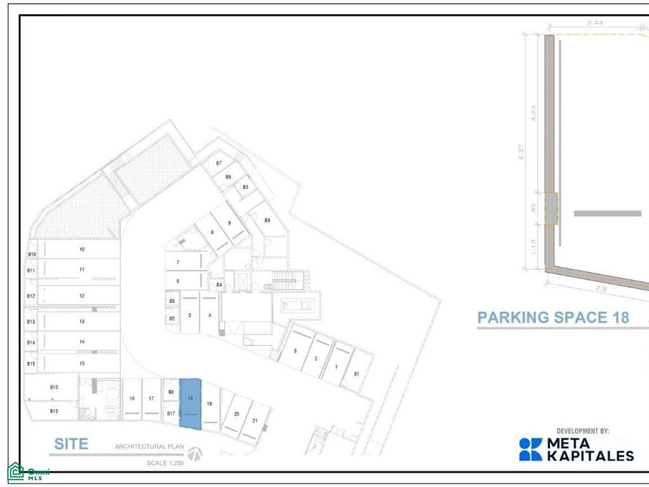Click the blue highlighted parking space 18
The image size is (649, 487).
[x=191, y=403]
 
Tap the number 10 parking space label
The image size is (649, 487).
[x=82, y=250]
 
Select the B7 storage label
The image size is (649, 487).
[x=219, y=164]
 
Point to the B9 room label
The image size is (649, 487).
[x=267, y=220]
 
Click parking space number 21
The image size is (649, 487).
[x=254, y=420]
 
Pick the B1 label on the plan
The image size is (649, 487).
[x=356, y=374]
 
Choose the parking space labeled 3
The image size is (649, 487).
[x=295, y=351]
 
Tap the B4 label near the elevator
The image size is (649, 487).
[x=219, y=285]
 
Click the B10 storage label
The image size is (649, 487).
[x=32, y=255]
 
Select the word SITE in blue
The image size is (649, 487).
[x=71, y=445]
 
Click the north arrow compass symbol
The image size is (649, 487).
[x=195, y=454]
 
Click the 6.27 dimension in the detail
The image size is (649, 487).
[x=520, y=152]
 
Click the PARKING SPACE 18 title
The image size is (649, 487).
[x=553, y=317]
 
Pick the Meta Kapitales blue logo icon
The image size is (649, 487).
[x=530, y=449]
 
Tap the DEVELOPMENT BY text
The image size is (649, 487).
[x=582, y=431]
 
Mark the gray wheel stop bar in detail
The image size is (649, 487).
[x=607, y=213]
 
